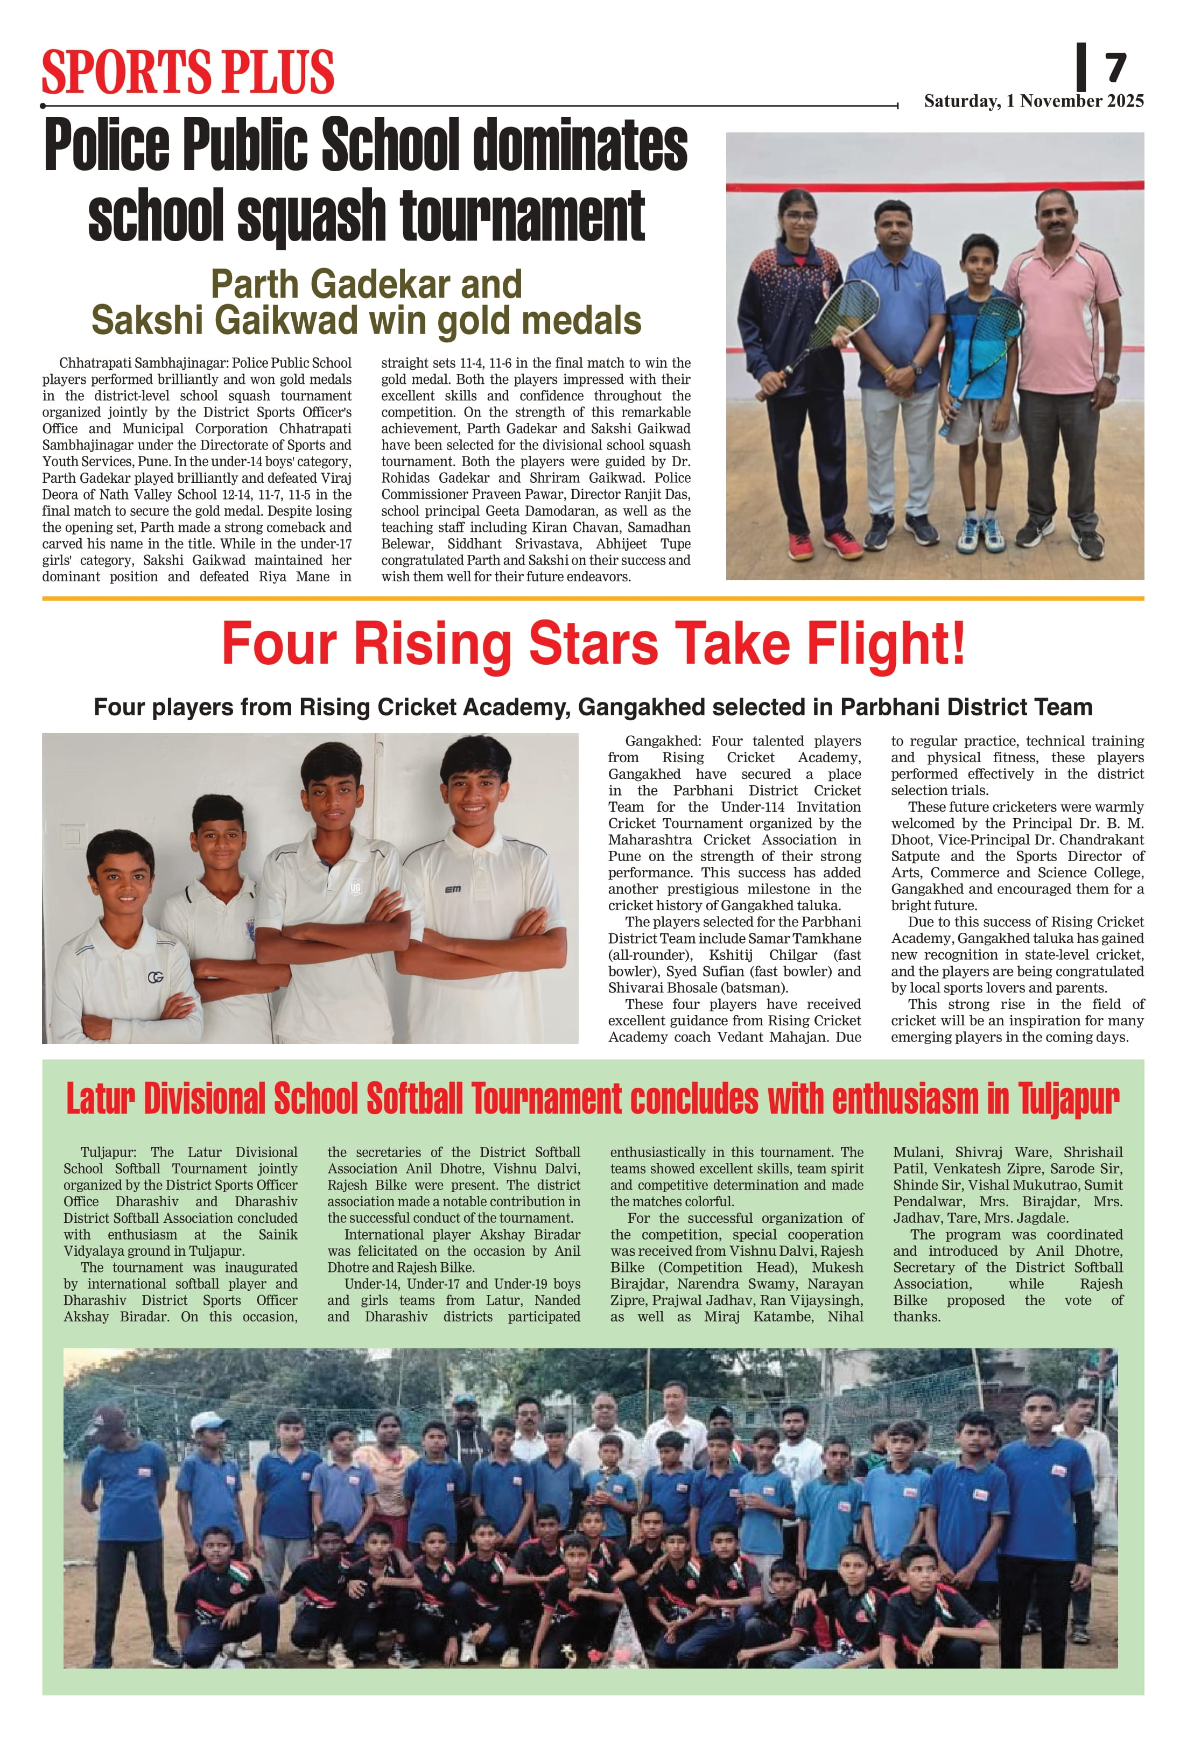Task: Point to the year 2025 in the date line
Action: (1124, 102)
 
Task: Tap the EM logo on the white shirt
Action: (453, 889)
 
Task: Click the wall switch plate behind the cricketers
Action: (73, 835)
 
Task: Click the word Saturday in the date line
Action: (961, 102)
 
